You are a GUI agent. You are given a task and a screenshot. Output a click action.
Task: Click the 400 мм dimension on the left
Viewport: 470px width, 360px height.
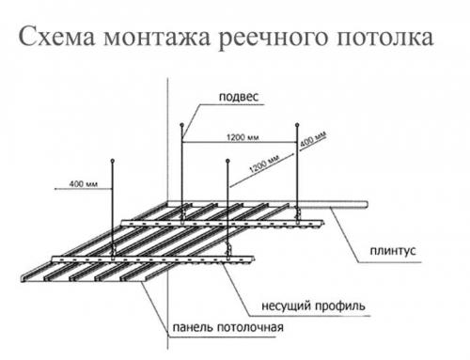[x=86, y=180]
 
